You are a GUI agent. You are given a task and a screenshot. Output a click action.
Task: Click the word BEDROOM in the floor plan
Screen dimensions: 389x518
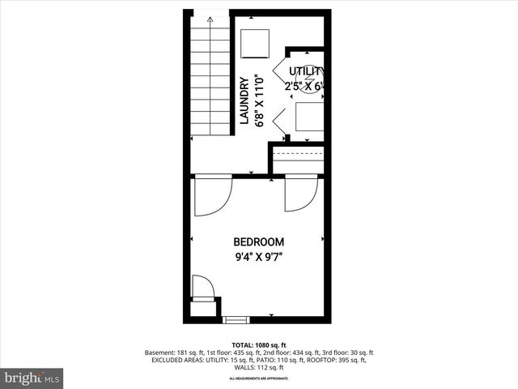point(258,242)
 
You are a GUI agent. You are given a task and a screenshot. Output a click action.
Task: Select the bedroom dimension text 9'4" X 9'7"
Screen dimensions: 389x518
point(258,258)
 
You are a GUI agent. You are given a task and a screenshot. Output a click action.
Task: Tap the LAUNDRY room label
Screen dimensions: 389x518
point(244,100)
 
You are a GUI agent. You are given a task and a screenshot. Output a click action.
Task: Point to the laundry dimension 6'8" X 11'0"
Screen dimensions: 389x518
point(260,100)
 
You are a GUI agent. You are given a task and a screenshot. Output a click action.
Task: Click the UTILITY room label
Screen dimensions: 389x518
point(307,71)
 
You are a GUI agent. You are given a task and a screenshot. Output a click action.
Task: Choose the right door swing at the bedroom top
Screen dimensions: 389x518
point(301,194)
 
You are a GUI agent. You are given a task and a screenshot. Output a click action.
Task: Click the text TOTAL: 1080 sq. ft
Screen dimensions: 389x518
point(258,345)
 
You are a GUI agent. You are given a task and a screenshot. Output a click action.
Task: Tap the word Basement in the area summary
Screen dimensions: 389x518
point(159,353)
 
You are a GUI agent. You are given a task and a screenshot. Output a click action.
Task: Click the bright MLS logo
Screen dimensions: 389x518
point(32,378)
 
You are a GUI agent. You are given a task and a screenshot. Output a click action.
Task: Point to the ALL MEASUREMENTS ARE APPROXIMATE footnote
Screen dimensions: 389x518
point(258,378)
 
